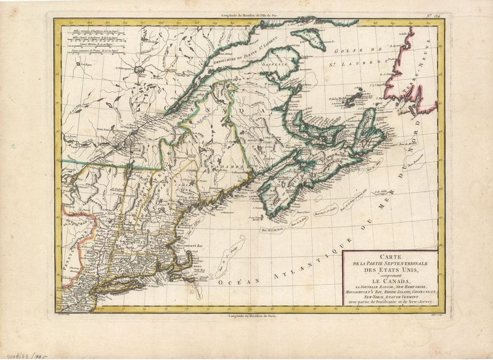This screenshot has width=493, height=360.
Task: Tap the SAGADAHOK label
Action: [219, 168]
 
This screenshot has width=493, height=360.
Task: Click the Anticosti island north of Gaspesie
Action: [314, 46]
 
